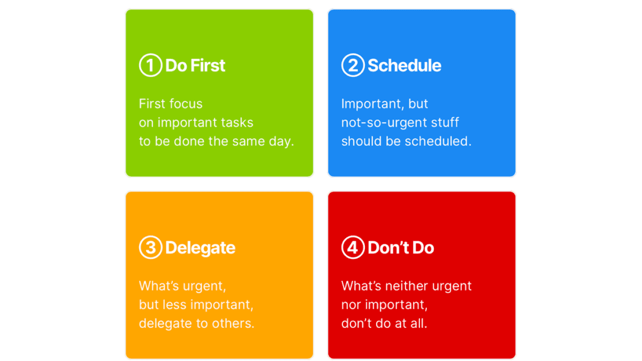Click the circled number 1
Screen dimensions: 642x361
click(150, 65)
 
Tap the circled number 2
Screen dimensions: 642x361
click(352, 65)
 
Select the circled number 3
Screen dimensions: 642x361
click(150, 247)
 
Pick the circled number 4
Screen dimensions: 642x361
click(352, 247)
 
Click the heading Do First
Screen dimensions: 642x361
click(196, 65)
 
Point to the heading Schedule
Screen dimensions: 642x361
click(404, 65)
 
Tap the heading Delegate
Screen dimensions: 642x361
click(200, 248)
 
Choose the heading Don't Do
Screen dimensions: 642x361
click(401, 248)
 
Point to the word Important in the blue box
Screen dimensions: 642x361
click(372, 104)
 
